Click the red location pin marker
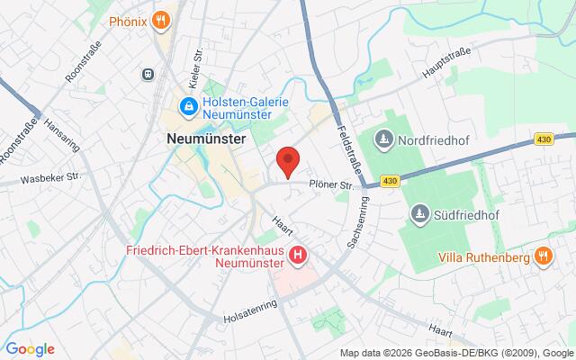point(287,161)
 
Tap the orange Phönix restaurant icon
point(160,19)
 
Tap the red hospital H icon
point(298,256)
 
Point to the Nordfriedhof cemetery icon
point(384,139)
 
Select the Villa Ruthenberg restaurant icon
point(542,256)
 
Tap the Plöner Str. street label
point(329,184)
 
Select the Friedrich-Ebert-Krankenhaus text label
point(204,249)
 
